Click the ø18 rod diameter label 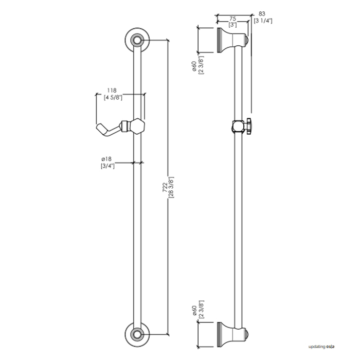(107, 158)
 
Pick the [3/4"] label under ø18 (107, 166)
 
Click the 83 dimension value (263, 14)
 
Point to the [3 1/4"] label (263, 21)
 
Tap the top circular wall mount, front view (137, 39)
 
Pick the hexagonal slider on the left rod (137, 125)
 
